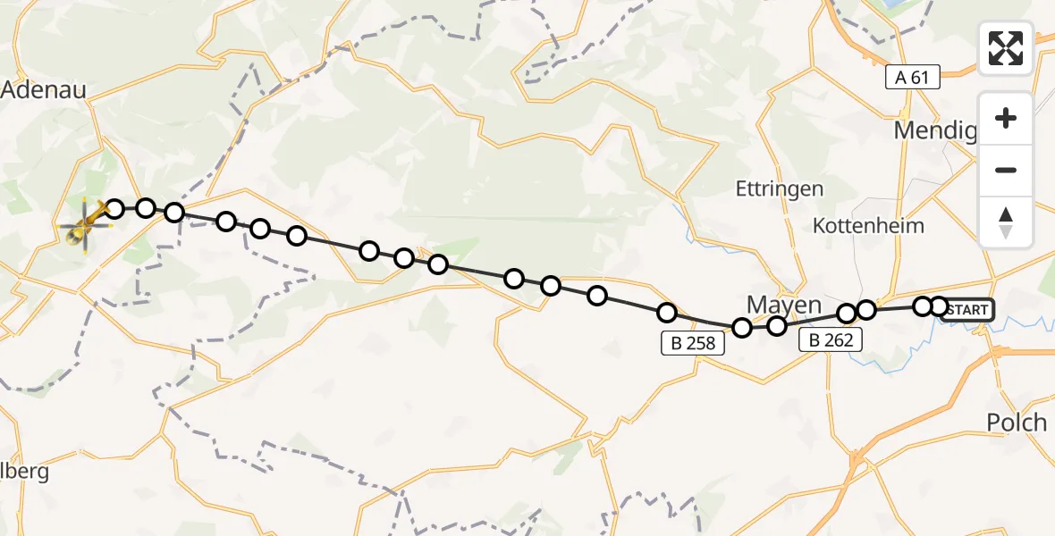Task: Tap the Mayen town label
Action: (x=783, y=306)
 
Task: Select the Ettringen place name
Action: (x=779, y=188)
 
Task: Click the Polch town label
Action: (x=1017, y=423)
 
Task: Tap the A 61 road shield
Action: (x=912, y=78)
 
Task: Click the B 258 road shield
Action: (x=693, y=341)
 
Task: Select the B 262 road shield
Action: (x=831, y=339)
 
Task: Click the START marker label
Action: (x=966, y=310)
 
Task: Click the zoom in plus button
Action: (x=1006, y=118)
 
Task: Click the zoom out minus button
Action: (x=1006, y=170)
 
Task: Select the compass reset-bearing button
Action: (x=1006, y=222)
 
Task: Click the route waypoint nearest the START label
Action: (x=938, y=306)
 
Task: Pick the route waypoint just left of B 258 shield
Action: (x=666, y=312)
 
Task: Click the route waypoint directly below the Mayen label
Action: (x=776, y=326)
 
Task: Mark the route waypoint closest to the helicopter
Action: (x=114, y=209)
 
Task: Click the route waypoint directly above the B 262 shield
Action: (x=847, y=314)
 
